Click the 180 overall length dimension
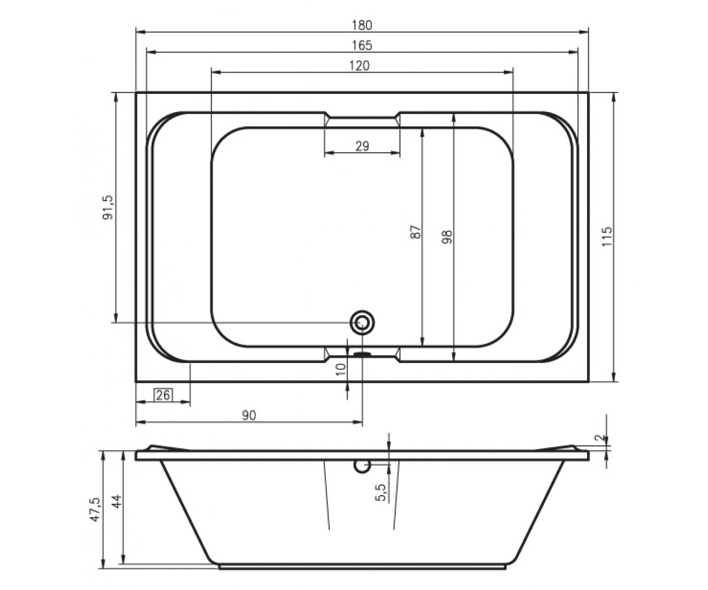coord(362,25)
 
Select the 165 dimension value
coord(362,45)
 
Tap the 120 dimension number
coord(359,65)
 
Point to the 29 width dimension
coord(362,146)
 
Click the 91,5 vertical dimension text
coord(109,208)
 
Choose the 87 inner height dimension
coord(416,232)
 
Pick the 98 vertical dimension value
coord(447,237)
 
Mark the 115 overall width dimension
coord(607,237)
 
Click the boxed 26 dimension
coord(163,395)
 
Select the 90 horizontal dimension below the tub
coord(249,415)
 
